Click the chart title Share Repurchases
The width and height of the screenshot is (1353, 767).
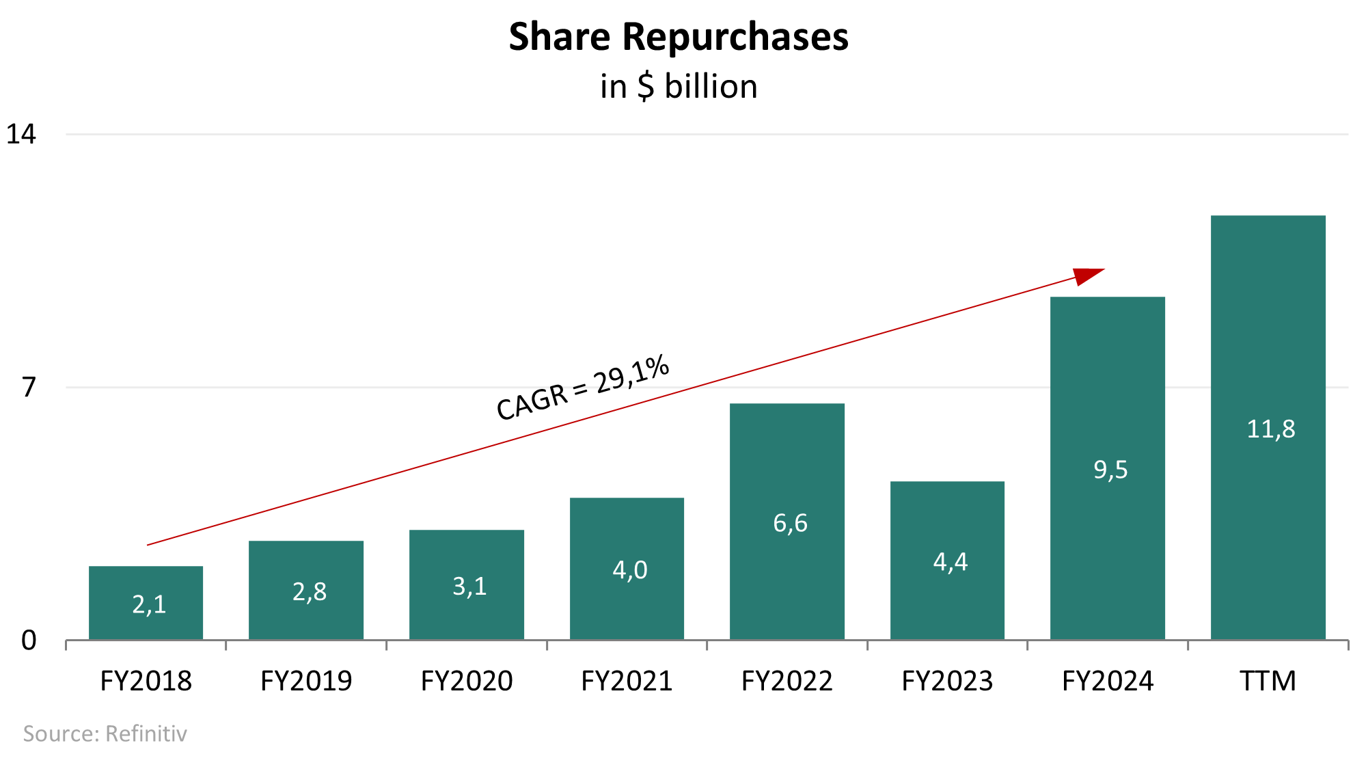click(679, 37)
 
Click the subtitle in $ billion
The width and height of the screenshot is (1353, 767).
click(679, 87)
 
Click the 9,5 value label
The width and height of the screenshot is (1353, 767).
click(1110, 470)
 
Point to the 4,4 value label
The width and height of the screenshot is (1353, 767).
click(951, 562)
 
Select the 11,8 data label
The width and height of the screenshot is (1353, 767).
click(1270, 429)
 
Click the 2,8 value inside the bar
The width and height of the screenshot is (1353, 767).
click(310, 592)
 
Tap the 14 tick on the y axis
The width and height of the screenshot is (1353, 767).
click(21, 134)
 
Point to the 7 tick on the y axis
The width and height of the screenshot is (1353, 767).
click(28, 388)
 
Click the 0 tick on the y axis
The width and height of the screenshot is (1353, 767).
click(29, 641)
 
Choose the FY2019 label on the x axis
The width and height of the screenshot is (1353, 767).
click(306, 682)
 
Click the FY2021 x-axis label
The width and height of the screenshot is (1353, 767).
click(627, 682)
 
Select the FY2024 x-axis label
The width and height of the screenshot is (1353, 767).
click(1108, 682)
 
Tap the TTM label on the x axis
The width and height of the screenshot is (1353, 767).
click(1268, 682)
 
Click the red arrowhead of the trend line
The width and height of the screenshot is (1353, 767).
click(1087, 275)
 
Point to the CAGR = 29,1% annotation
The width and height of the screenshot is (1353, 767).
click(582, 388)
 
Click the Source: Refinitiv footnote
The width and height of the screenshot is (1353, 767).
click(105, 734)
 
